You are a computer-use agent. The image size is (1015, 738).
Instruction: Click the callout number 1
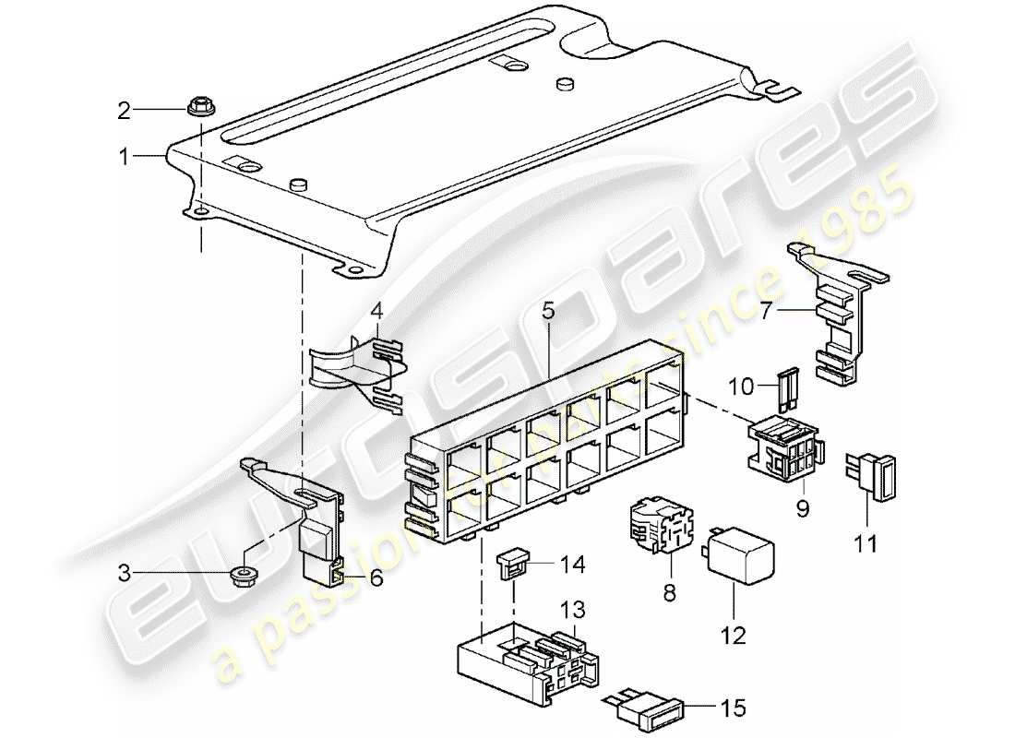123,158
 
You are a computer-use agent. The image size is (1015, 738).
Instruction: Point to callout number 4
376,312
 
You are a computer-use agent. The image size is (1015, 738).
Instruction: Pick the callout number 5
548,312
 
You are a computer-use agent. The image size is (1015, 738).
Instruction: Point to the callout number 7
766,312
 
